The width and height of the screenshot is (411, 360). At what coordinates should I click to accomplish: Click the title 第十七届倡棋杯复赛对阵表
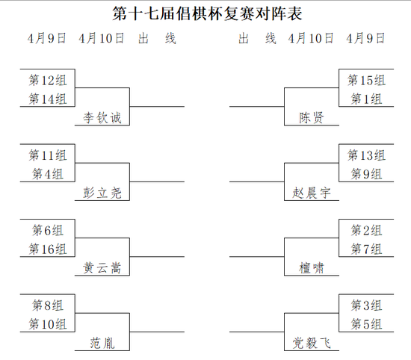(207, 13)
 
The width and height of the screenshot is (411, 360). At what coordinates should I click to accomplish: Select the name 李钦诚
(102, 118)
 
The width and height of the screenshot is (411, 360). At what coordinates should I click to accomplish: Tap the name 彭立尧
(102, 193)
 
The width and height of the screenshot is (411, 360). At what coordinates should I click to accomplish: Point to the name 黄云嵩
(102, 268)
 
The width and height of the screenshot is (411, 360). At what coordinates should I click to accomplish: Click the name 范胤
(102, 344)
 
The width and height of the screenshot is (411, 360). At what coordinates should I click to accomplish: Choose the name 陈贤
(312, 118)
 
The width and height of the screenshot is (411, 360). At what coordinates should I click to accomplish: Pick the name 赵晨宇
(312, 193)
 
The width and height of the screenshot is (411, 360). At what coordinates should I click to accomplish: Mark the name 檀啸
(312, 268)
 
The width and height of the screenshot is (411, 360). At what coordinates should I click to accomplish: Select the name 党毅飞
(312, 344)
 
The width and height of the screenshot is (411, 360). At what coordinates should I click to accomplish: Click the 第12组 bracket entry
(48, 80)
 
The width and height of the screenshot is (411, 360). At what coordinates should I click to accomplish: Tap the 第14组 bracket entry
(48, 99)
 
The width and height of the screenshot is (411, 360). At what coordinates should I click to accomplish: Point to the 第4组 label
(48, 174)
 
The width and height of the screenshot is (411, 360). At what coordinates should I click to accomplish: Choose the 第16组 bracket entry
(48, 249)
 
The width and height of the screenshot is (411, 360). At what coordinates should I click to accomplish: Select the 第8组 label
(48, 305)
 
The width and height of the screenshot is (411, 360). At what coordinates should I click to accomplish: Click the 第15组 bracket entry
(366, 80)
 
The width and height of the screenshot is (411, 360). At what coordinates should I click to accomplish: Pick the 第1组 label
(366, 99)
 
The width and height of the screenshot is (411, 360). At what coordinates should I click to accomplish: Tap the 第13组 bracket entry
(366, 155)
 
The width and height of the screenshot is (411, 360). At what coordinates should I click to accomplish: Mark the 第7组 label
(366, 249)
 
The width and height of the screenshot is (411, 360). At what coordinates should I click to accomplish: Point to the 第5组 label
(366, 324)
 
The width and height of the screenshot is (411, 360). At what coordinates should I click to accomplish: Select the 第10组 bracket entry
(48, 324)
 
